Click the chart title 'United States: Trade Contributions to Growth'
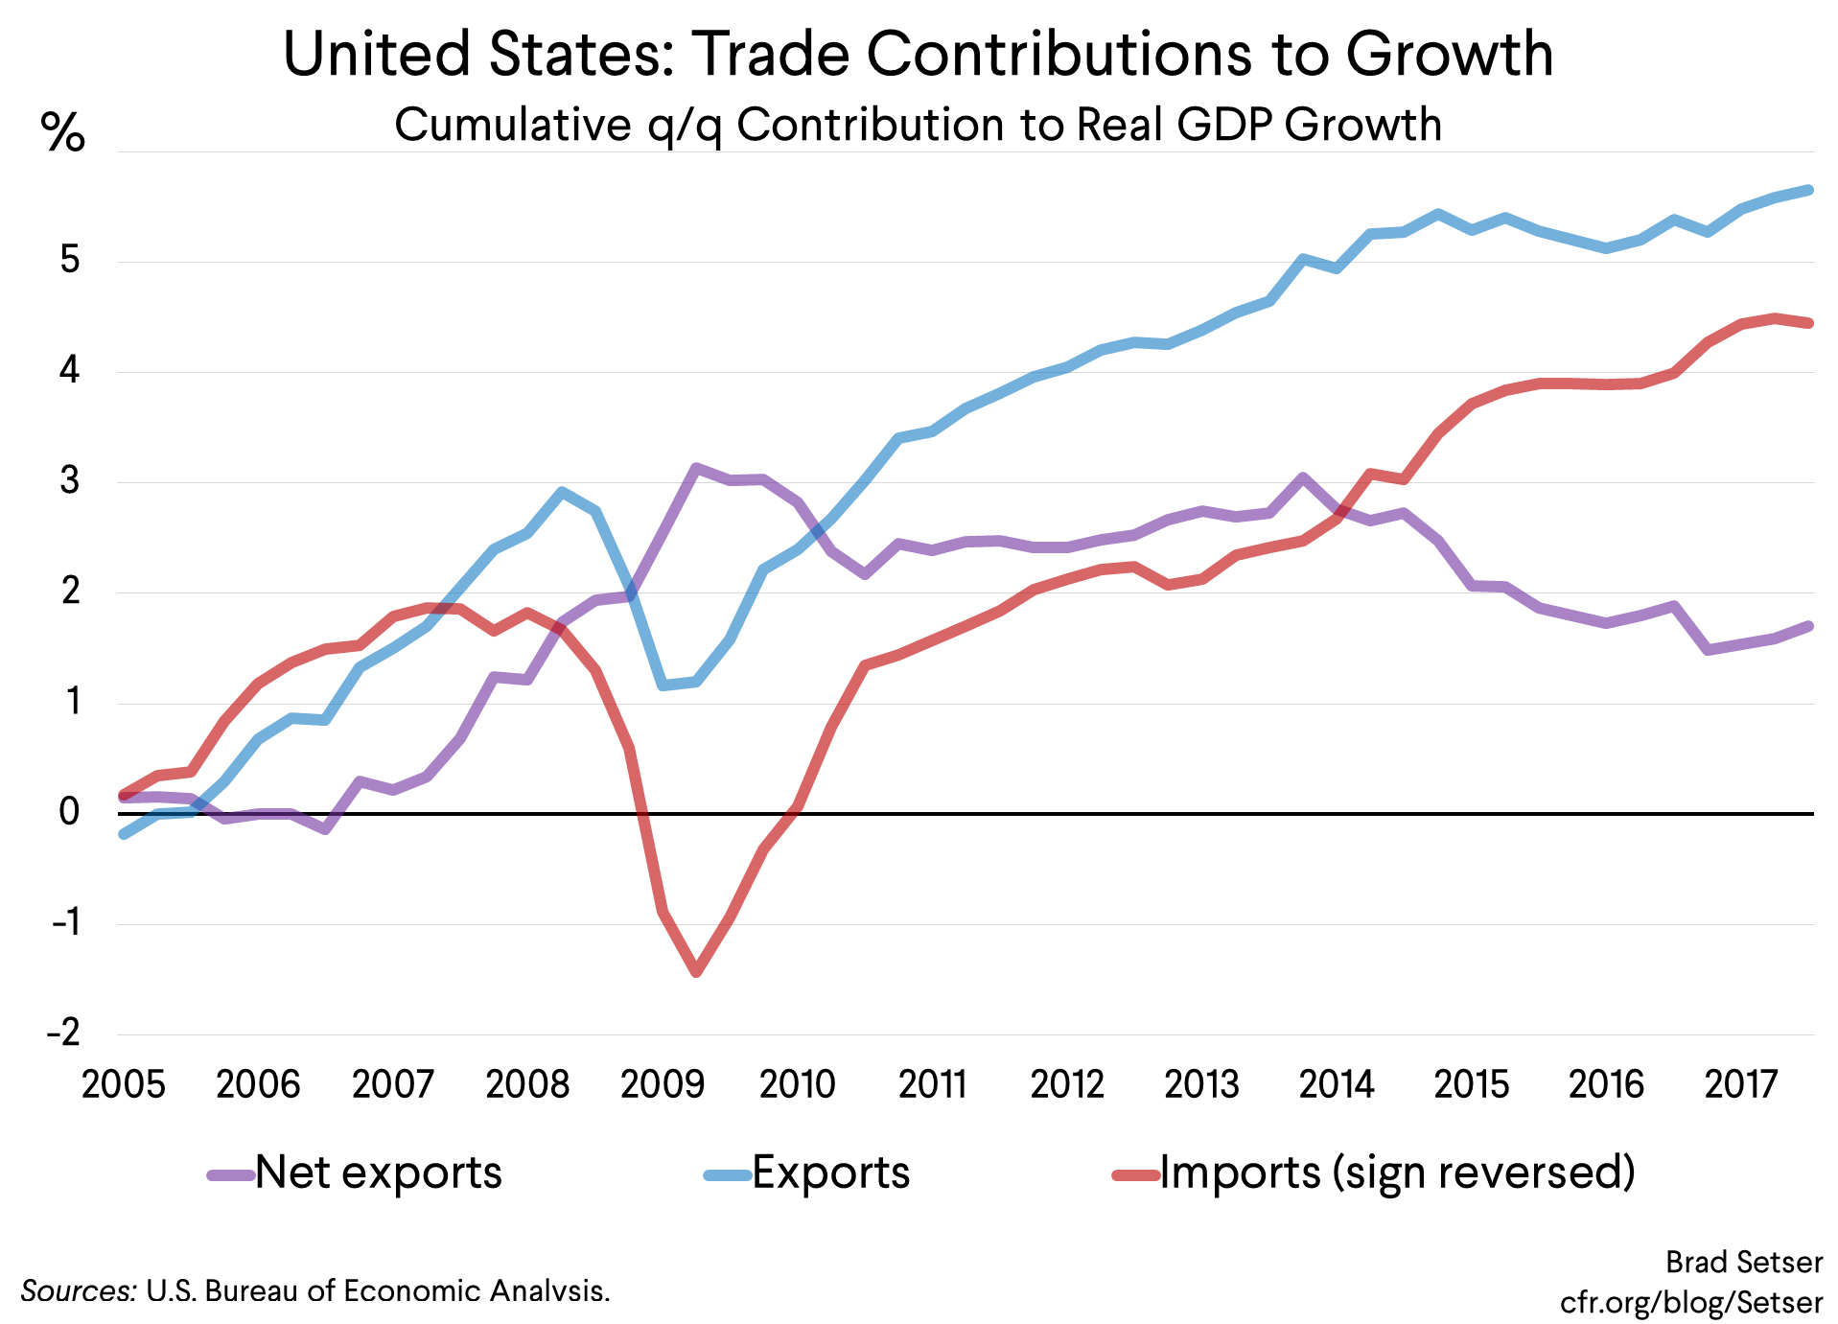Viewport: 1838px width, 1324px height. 918,54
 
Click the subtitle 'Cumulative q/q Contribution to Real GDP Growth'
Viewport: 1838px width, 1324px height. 918,125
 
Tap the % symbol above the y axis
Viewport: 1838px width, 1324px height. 63,132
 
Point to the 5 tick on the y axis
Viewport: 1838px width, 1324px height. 70,260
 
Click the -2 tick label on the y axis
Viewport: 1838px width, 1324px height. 64,1033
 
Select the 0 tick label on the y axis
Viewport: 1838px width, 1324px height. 69,812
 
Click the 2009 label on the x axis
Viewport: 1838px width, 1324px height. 663,1084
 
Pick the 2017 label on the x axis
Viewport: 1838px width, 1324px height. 1740,1084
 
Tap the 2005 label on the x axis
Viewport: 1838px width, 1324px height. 124,1084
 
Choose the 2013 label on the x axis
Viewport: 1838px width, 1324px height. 1201,1084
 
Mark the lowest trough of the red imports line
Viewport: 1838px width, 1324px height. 696,972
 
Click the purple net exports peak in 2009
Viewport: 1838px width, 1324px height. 696,468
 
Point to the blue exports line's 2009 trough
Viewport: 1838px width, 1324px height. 663,685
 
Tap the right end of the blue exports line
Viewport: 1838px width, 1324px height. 1808,190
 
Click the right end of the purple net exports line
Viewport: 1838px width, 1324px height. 1808,626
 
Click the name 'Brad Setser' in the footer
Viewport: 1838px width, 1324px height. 1743,1263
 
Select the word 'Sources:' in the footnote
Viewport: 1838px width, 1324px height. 79,1291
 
